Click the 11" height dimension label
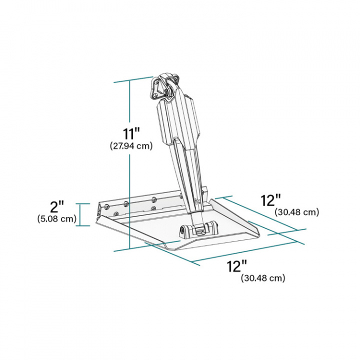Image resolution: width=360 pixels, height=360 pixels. (131, 134)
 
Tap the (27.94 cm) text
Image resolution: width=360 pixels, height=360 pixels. (131, 146)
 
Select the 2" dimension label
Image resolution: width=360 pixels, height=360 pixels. (57, 207)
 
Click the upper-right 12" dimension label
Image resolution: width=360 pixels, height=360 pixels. (271, 200)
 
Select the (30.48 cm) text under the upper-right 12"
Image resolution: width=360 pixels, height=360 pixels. (296, 212)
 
